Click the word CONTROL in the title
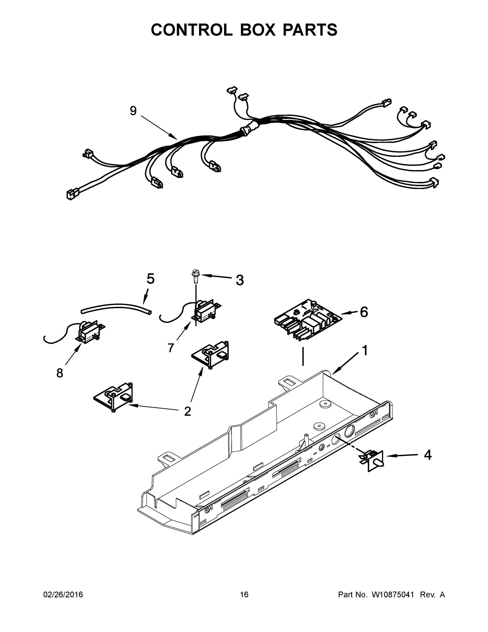191,30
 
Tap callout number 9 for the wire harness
133,111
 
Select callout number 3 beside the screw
240,280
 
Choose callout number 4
428,455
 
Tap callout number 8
59,373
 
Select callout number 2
187,412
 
